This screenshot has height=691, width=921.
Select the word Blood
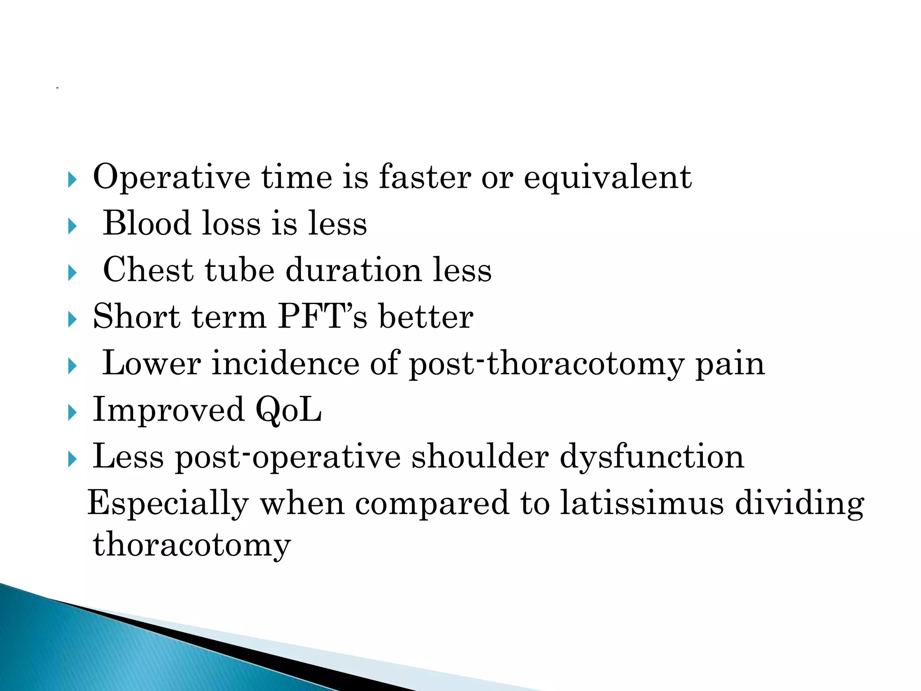147,224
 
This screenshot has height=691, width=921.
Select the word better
426,317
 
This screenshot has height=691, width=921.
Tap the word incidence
286,363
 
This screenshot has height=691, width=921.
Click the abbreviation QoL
288,411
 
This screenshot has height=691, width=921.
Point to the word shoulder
480,457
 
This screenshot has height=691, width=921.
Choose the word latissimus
642,503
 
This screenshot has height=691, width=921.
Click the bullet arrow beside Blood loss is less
72,226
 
